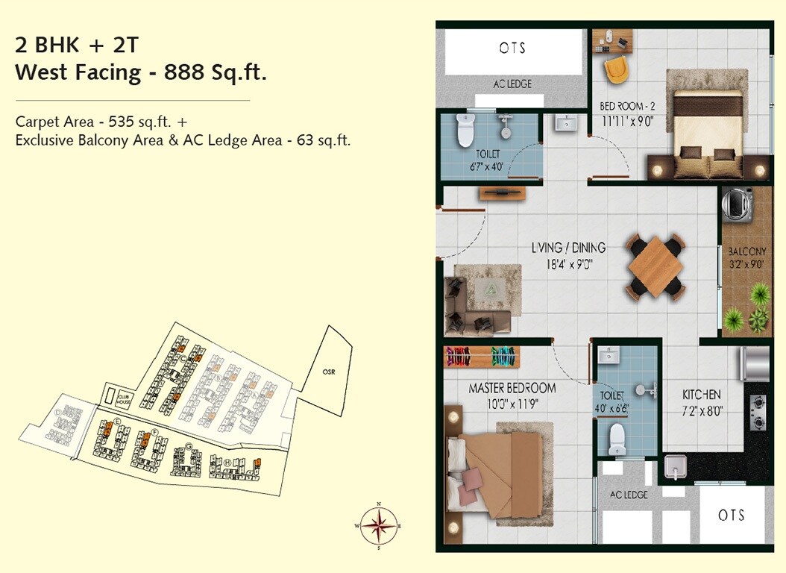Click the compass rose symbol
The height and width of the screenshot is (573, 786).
pyautogui.click(x=380, y=527)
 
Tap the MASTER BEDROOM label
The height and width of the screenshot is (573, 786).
pyautogui.click(x=512, y=388)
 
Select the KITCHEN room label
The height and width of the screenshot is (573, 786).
pyautogui.click(x=702, y=395)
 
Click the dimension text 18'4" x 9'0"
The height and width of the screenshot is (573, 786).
pyautogui.click(x=568, y=263)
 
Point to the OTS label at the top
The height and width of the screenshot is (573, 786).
pyautogui.click(x=512, y=48)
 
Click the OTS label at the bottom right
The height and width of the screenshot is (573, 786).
pyautogui.click(x=732, y=515)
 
